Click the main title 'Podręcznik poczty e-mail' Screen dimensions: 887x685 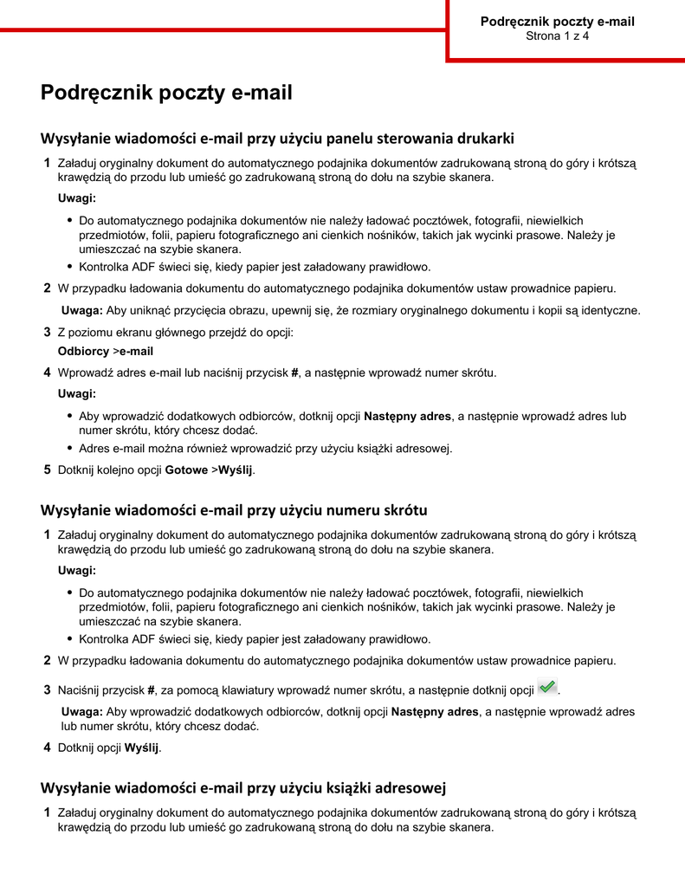click(x=166, y=94)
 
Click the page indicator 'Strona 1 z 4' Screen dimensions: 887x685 click(x=557, y=36)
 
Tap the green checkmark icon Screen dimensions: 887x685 click(x=547, y=687)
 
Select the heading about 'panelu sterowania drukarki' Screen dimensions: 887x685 click(x=277, y=138)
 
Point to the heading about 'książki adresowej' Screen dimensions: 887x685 click(x=243, y=787)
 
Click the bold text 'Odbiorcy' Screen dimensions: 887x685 click(x=83, y=352)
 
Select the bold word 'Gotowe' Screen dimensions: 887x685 click(x=186, y=470)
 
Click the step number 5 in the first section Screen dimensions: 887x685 click(x=47, y=470)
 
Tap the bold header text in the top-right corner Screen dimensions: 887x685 click(x=557, y=22)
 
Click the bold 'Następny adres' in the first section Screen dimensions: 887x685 click(x=407, y=417)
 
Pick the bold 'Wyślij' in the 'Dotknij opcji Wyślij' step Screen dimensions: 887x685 click(x=142, y=748)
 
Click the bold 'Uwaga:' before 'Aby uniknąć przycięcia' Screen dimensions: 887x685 click(x=82, y=311)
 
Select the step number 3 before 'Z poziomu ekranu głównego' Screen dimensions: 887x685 click(x=47, y=333)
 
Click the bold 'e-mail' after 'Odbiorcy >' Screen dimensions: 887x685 click(x=136, y=352)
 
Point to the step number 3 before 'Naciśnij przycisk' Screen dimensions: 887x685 click(x=47, y=690)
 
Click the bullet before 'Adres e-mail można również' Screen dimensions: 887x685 click(x=69, y=449)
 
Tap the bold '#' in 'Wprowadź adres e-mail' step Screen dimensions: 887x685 click(x=294, y=373)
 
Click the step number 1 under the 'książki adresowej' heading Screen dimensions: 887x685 click(x=47, y=813)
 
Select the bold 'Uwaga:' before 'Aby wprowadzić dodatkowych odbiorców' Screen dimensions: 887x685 click(x=82, y=712)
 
